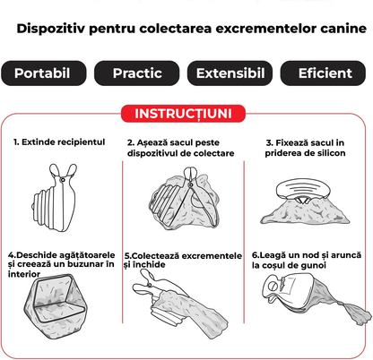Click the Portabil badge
pyautogui.click(x=45, y=72)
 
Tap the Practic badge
pyautogui.click(x=137, y=72)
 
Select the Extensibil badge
pyautogui.click(x=230, y=72)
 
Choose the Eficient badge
pyautogui.click(x=324, y=72)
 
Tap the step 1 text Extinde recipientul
pyautogui.click(x=59, y=142)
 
